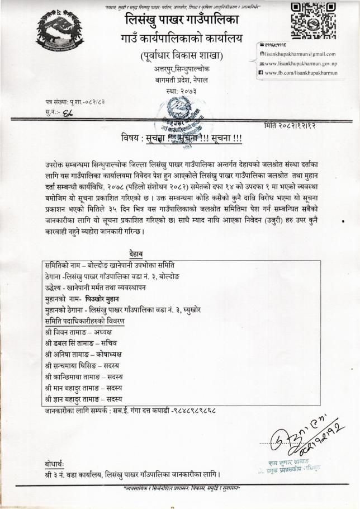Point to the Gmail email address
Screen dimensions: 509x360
pyautogui.click(x=301, y=54)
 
